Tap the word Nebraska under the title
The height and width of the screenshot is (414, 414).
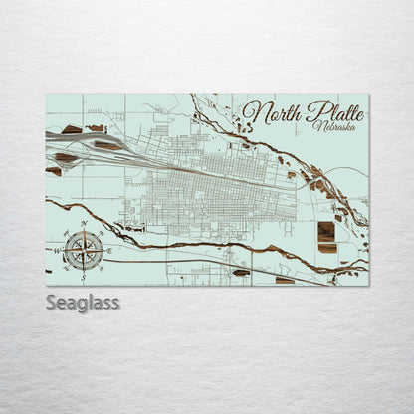click(331, 127)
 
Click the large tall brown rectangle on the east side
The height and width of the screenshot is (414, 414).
click(326, 232)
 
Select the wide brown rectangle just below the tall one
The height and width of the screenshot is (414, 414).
click(326, 248)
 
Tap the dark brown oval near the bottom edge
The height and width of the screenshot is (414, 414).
click(241, 272)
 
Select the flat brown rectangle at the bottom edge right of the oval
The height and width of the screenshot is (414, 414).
click(285, 280)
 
